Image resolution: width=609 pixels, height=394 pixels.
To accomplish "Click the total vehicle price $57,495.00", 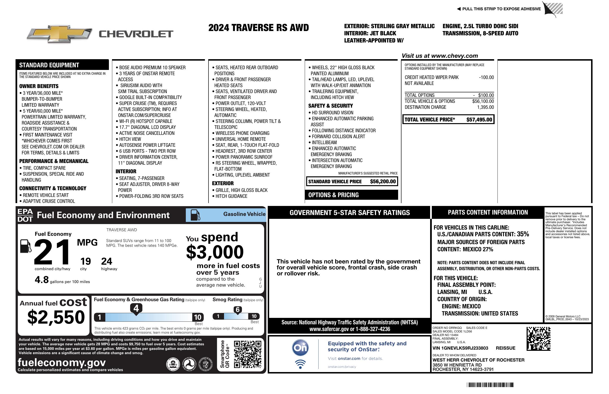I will pos(479,120).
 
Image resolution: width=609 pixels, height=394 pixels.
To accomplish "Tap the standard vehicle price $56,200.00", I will pos(383,182).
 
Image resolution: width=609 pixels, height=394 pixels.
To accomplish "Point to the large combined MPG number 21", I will pos(52,252).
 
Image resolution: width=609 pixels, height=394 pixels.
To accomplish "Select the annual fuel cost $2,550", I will pos(56,317).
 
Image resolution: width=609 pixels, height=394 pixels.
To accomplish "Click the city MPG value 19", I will pos(85,261).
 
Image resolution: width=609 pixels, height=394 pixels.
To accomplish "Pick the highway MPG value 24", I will pos(107,261).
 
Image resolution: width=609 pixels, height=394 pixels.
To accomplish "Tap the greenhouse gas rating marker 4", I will pos(136,308).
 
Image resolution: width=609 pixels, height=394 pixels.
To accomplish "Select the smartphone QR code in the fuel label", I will pos(247,354).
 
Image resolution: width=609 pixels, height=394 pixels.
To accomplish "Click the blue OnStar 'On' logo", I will pos(300,348).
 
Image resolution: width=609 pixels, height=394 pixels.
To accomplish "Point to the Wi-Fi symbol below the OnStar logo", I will pos(300,364).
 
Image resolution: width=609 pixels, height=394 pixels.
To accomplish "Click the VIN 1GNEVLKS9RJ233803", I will pos(460,348).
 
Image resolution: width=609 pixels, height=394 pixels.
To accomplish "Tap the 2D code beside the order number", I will pos(538,339).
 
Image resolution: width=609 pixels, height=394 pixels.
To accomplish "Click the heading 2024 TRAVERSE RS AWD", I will pos(258,28).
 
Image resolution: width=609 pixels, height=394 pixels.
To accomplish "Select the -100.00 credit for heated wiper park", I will pos(486,78).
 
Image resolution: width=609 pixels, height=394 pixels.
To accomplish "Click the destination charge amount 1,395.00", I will pos(485,107).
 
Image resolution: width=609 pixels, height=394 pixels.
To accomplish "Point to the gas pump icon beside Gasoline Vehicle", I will pos(196,215).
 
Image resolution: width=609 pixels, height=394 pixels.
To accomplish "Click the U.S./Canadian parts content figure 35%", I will pos(523,234).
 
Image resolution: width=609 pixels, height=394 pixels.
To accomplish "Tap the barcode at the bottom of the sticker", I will pos(490,385).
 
